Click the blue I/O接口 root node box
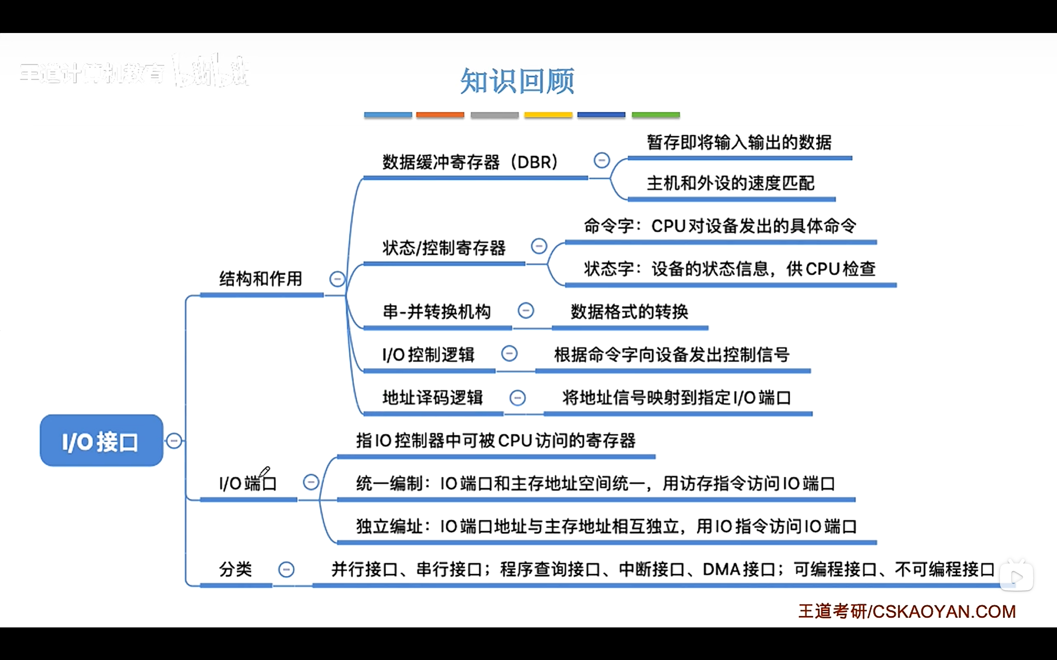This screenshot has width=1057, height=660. point(101,441)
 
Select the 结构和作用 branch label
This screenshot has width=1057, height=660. point(261,279)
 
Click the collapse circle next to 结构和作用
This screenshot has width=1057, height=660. point(337,279)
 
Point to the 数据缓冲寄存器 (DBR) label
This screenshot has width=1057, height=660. point(470,163)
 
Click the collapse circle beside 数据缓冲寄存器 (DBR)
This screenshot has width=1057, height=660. point(602,160)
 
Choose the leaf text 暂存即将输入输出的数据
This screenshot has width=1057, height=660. point(739,142)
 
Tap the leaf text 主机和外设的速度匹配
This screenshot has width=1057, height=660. point(730,183)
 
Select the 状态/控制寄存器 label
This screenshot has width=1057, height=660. point(444,248)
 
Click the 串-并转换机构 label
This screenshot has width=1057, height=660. point(437,312)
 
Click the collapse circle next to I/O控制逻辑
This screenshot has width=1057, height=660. point(509,354)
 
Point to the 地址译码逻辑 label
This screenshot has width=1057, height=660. point(433,397)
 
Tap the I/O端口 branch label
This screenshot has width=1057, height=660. point(248,483)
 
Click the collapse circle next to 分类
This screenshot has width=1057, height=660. point(287,569)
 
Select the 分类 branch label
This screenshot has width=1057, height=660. point(235,569)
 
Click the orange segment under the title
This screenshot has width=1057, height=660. point(440,115)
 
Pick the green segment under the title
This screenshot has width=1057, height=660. point(656,115)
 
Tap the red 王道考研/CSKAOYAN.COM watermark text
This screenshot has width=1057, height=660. point(907,611)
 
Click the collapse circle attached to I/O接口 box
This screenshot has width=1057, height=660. point(174,441)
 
